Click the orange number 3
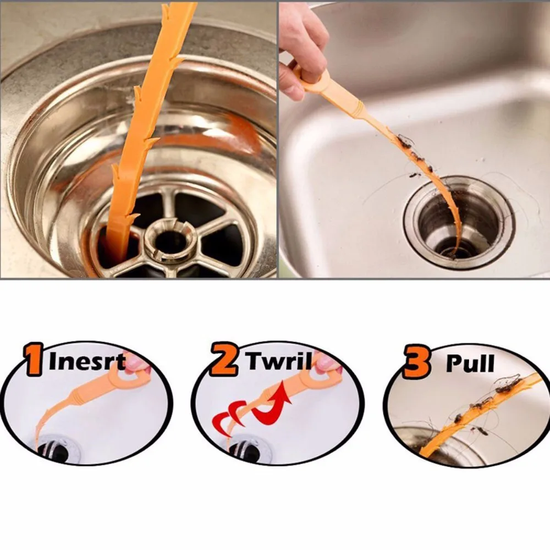(416, 363)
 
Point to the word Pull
(470, 364)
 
